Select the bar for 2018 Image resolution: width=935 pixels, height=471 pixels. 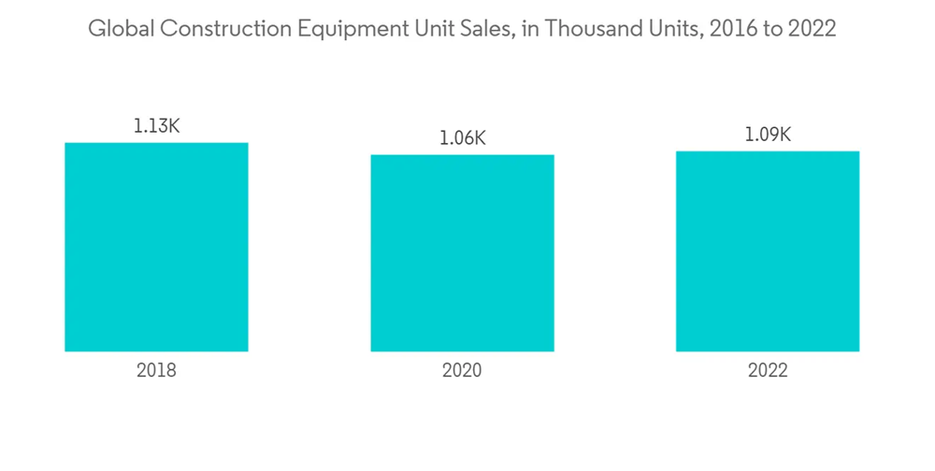tap(156, 248)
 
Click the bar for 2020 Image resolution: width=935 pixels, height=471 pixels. tap(462, 253)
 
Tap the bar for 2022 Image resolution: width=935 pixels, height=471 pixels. tap(768, 251)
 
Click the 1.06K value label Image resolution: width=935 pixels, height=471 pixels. tap(462, 138)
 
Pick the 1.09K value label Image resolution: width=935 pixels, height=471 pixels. tap(768, 135)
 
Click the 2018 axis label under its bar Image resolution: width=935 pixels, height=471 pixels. tap(156, 370)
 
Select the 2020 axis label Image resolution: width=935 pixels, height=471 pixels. tap(462, 370)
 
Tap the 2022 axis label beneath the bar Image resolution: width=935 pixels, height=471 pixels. tap(768, 370)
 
